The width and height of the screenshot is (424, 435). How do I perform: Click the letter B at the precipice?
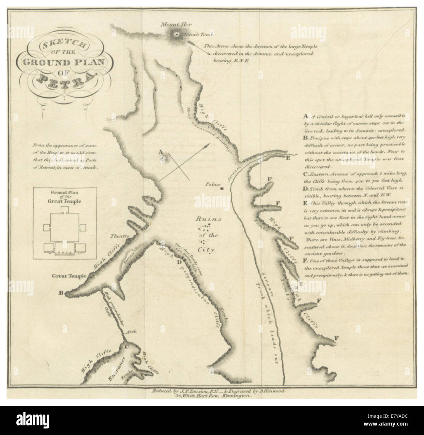pos(61,292)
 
